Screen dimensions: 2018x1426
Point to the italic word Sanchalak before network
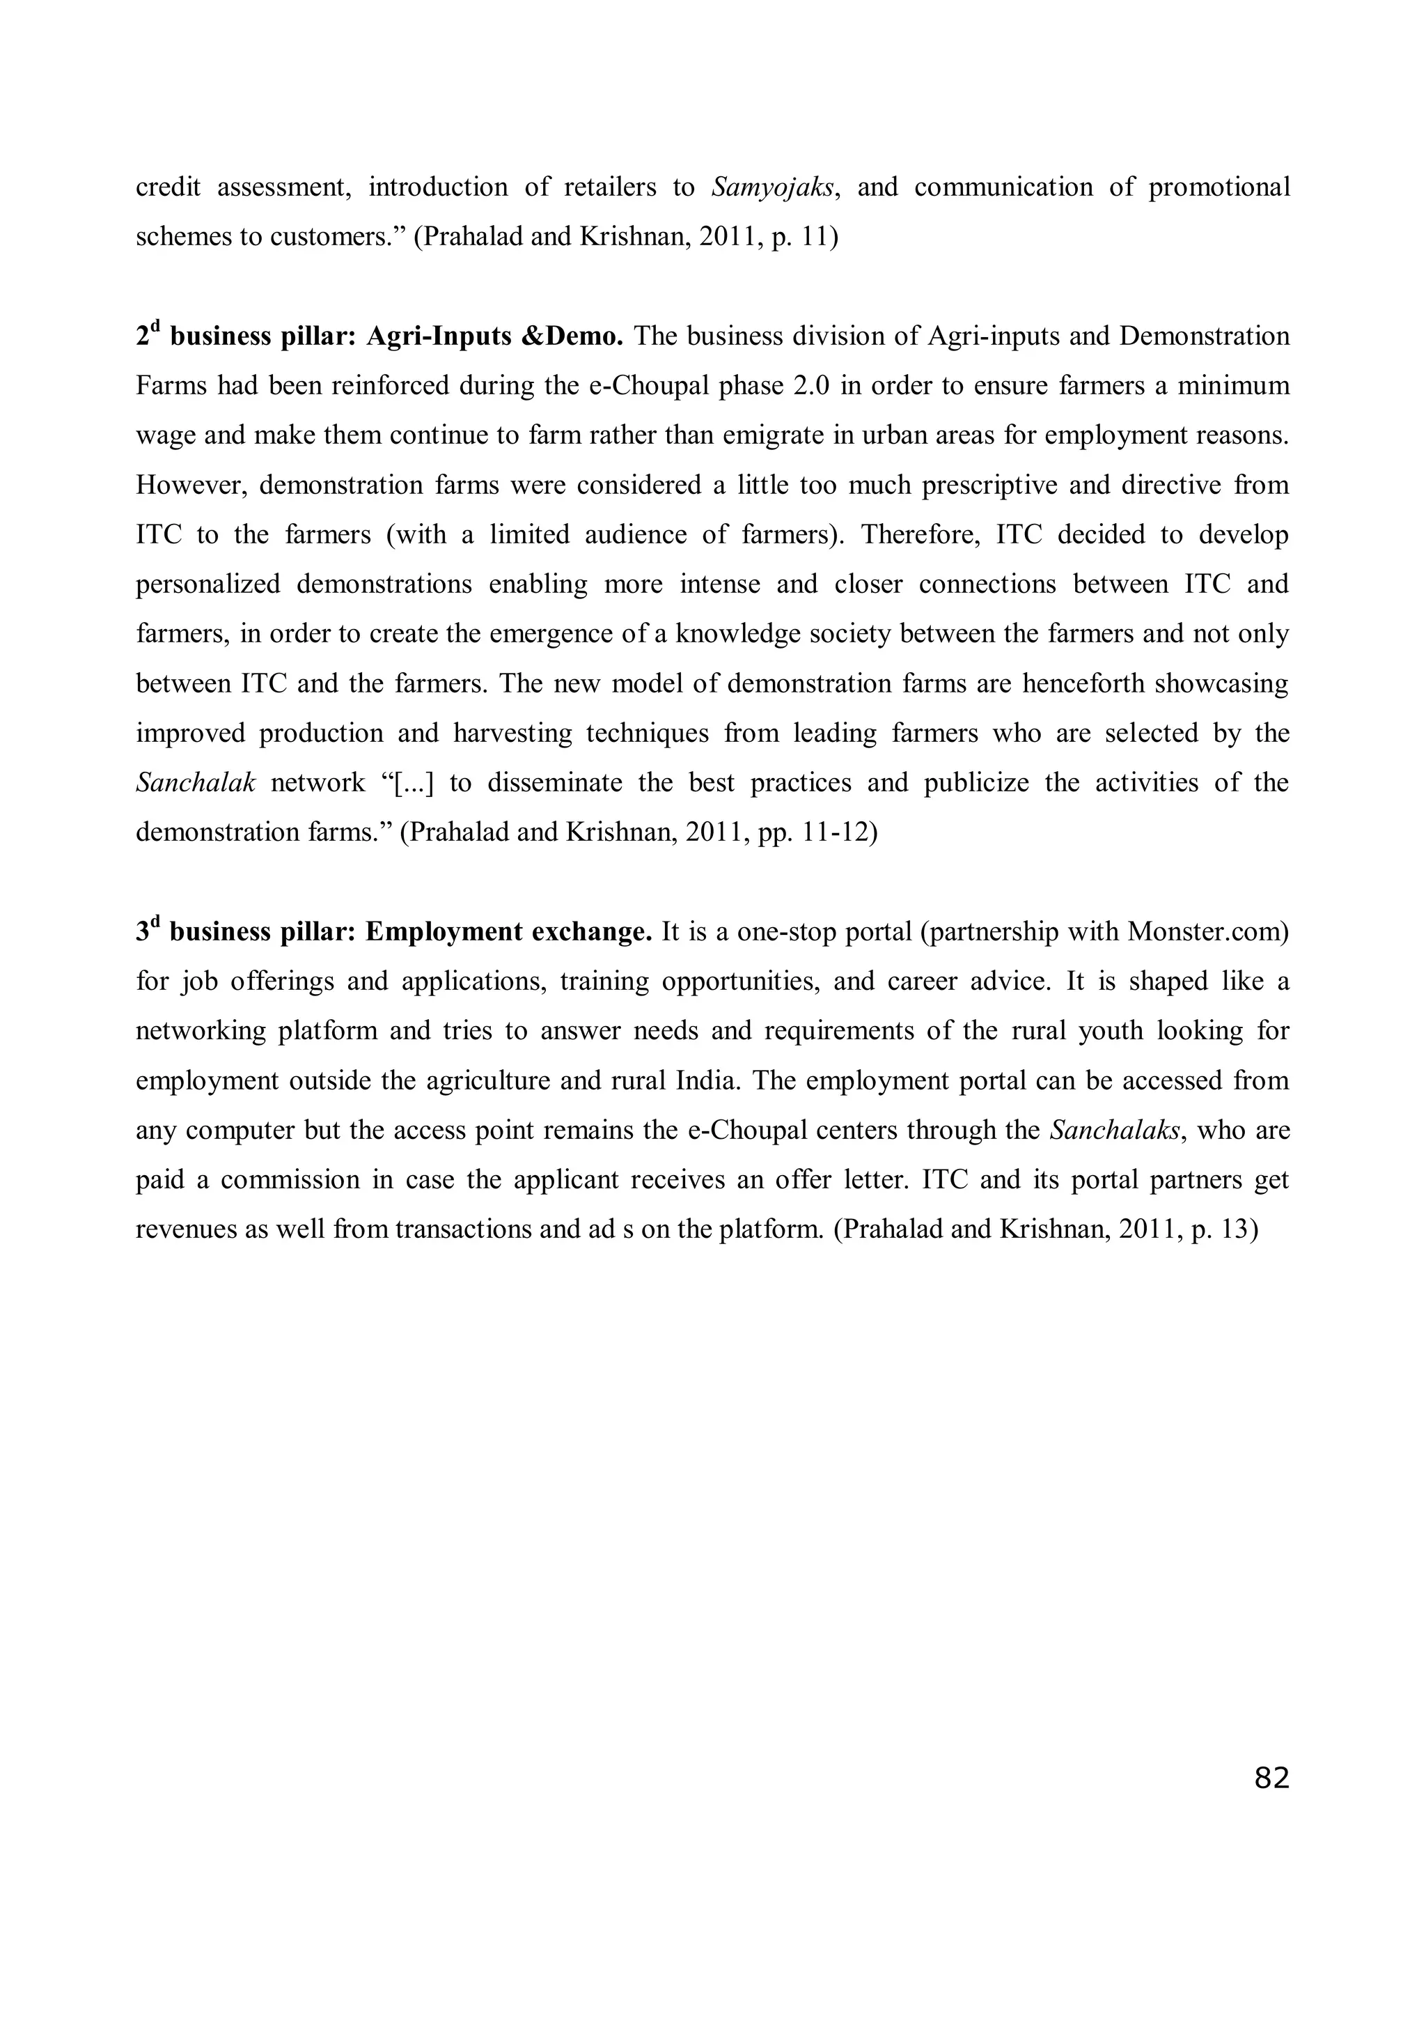195,782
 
